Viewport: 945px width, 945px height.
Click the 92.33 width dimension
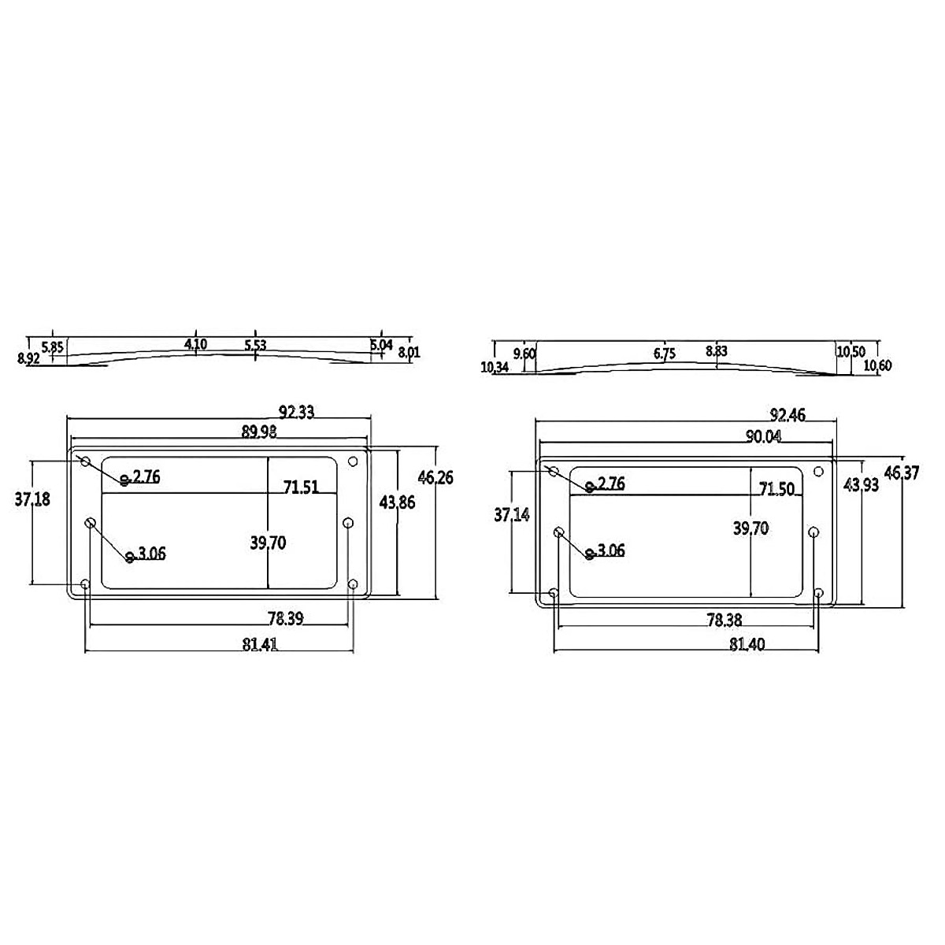pos(296,412)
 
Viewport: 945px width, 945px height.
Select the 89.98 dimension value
pos(259,432)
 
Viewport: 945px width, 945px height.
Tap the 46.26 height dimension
pos(435,477)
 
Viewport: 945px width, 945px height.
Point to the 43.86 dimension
pos(397,502)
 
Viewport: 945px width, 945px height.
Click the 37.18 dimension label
pos(32,500)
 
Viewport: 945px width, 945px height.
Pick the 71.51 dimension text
pos(301,487)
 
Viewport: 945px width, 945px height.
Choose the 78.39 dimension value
pos(286,619)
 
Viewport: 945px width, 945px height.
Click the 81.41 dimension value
pos(260,644)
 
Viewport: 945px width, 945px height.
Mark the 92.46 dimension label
pos(787,415)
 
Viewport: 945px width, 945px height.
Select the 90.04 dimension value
pos(764,436)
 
